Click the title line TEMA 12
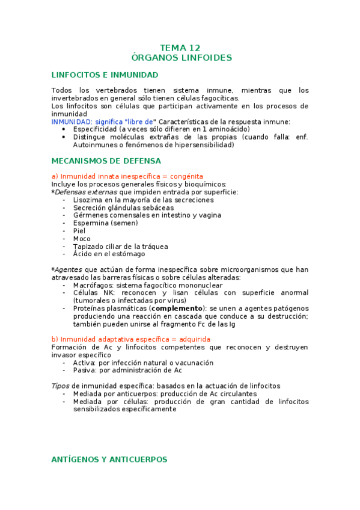click(x=180, y=48)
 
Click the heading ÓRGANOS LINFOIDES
click(x=181, y=58)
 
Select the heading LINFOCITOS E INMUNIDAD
click(x=105, y=75)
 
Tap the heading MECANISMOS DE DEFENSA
click(x=106, y=161)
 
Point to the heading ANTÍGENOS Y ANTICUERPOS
click(x=109, y=459)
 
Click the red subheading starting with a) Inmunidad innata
click(x=127, y=176)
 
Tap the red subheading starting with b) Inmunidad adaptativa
click(x=131, y=340)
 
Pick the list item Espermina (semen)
click(x=105, y=223)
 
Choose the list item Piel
click(x=79, y=231)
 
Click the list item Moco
click(x=82, y=239)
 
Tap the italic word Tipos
click(x=60, y=386)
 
